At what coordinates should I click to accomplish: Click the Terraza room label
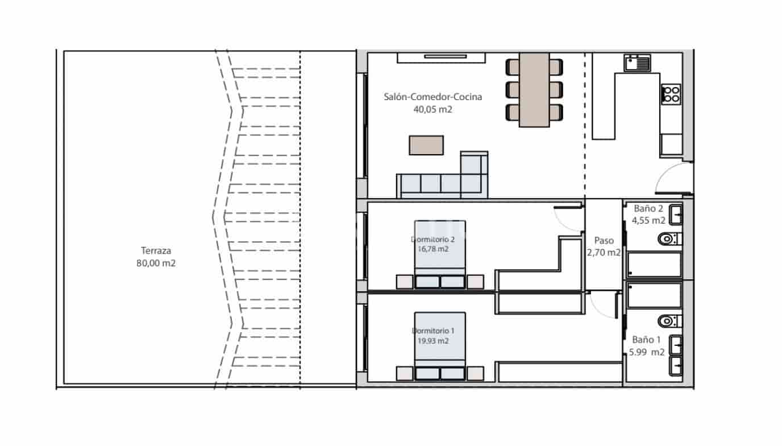click(x=156, y=250)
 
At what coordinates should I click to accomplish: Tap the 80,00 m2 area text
click(x=156, y=263)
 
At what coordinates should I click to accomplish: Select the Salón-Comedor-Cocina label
click(x=433, y=97)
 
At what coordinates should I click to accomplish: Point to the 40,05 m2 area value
click(x=433, y=110)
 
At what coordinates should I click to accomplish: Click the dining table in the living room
click(x=534, y=89)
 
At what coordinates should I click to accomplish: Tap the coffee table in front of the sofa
click(x=426, y=145)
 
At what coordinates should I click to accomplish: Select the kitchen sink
click(x=637, y=63)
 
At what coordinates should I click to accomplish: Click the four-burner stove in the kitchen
click(x=671, y=93)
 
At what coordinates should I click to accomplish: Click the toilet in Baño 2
click(x=667, y=239)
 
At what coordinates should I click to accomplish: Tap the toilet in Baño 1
click(x=667, y=321)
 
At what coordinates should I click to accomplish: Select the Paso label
click(x=604, y=241)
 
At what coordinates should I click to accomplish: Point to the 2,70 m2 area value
click(x=604, y=253)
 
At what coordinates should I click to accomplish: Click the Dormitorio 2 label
click(x=433, y=239)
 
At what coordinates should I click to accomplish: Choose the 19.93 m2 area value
click(x=433, y=341)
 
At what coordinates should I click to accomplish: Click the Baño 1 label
click(x=647, y=340)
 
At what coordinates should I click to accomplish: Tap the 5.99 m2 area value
click(x=647, y=352)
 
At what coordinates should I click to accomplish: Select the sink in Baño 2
click(x=676, y=215)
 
